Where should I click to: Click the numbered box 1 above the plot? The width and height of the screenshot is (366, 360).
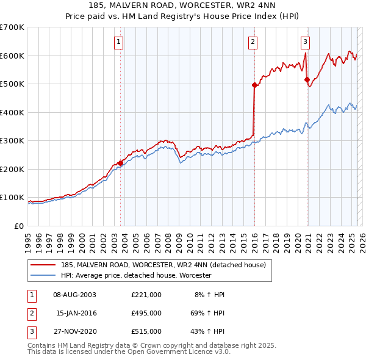118,42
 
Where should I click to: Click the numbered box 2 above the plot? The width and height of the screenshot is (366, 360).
253,42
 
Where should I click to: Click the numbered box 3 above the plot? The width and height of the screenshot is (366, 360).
305,42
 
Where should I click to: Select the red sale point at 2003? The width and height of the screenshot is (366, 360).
120,163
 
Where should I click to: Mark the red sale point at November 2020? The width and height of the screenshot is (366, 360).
307,79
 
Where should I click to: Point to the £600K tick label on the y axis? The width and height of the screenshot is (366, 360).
12,56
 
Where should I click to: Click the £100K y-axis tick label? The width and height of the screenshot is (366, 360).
12,198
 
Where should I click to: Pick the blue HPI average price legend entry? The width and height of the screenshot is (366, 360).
136,276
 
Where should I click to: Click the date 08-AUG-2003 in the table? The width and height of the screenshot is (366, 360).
75,295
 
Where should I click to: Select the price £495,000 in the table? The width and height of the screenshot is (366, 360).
146,313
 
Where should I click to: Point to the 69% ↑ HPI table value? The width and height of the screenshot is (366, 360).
207,313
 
